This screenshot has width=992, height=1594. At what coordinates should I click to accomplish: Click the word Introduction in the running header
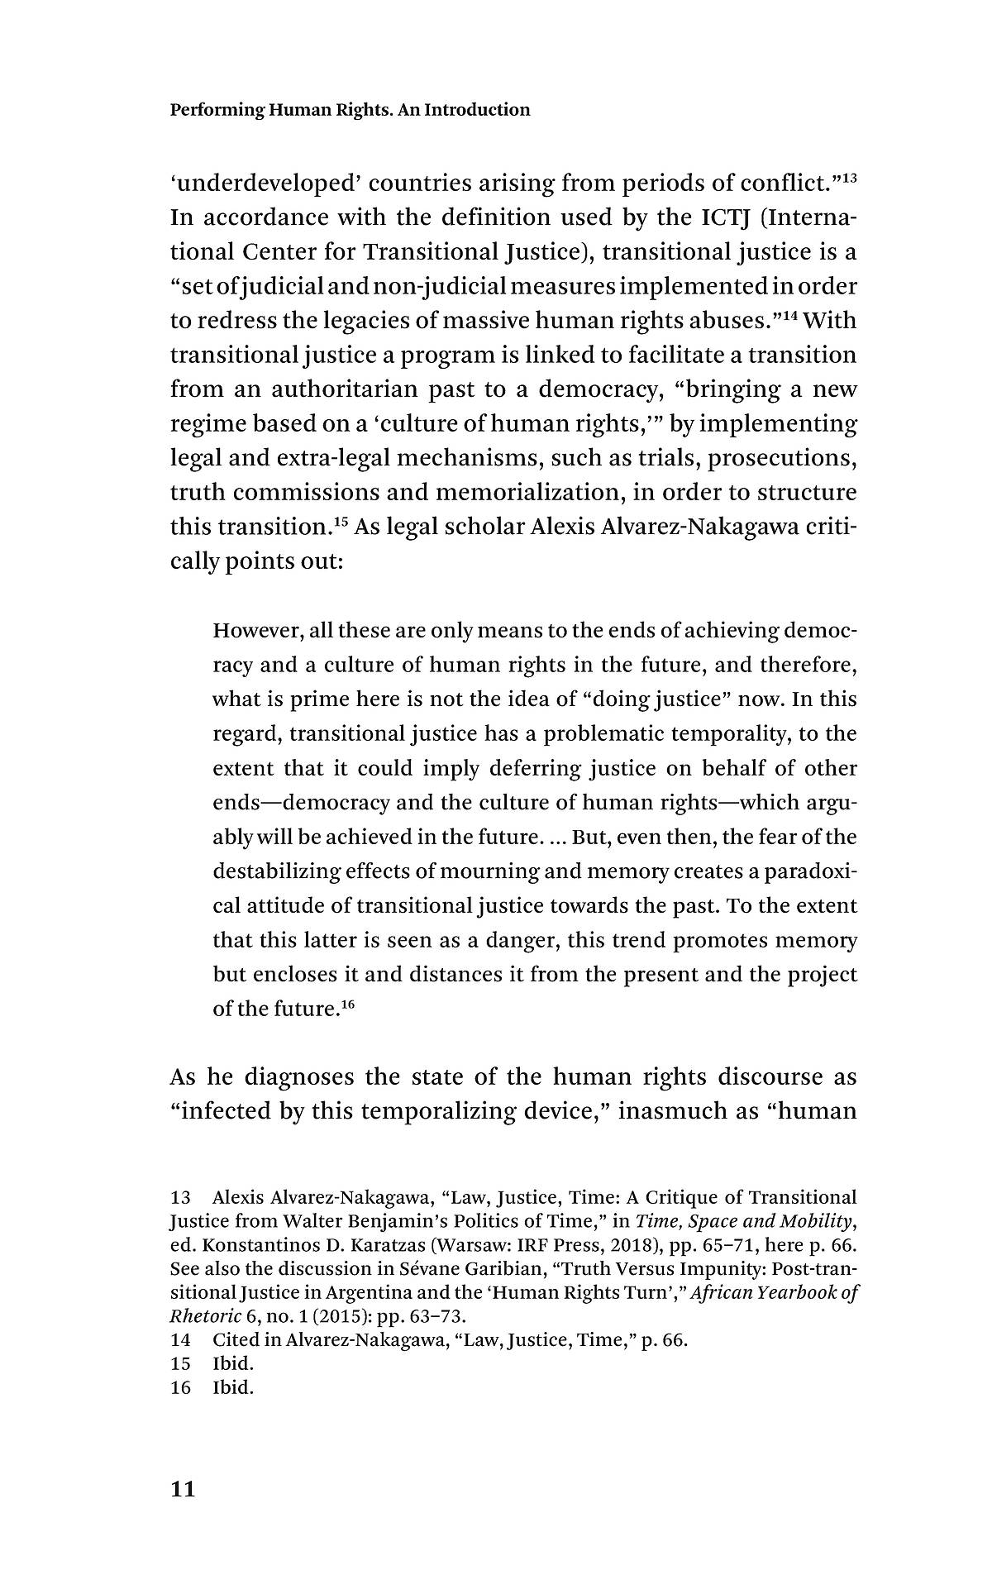(x=477, y=110)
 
